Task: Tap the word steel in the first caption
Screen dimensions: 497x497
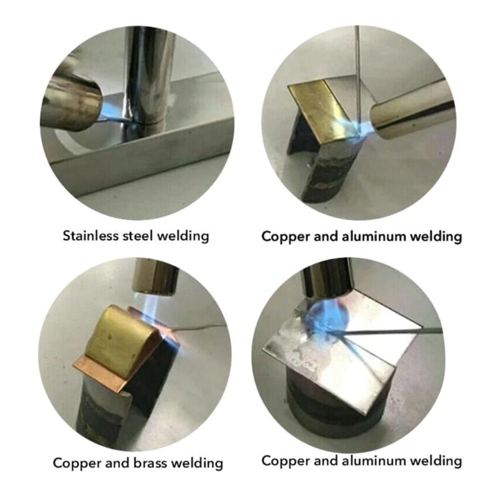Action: coord(135,236)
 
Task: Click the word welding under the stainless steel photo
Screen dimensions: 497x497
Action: coord(180,236)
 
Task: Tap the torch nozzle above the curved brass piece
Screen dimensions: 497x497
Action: coord(155,276)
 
